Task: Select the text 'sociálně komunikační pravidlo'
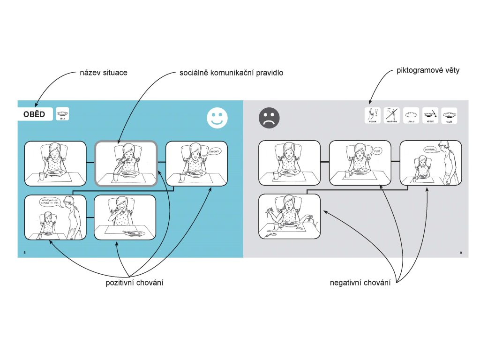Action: [232, 73]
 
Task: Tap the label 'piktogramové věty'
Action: [427, 71]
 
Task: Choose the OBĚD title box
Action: [35, 114]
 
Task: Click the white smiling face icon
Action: [217, 117]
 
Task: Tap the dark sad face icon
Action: [269, 118]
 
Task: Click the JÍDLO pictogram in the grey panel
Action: [411, 115]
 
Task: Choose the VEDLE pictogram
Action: [430, 115]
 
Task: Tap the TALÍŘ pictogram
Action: [449, 115]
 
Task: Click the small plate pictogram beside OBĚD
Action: [62, 114]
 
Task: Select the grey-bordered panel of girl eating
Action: [126, 163]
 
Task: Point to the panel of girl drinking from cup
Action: [125, 217]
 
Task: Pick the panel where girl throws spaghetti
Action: [289, 217]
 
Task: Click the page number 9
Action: [461, 253]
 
